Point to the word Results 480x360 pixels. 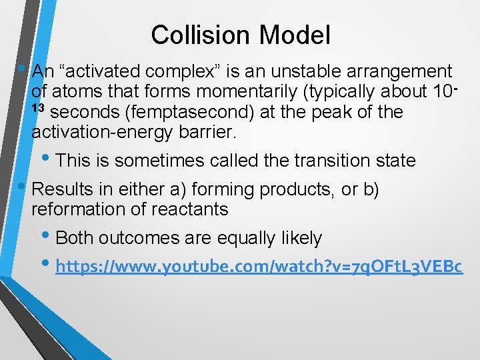click(64, 189)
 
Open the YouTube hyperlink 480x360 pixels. click(259, 267)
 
